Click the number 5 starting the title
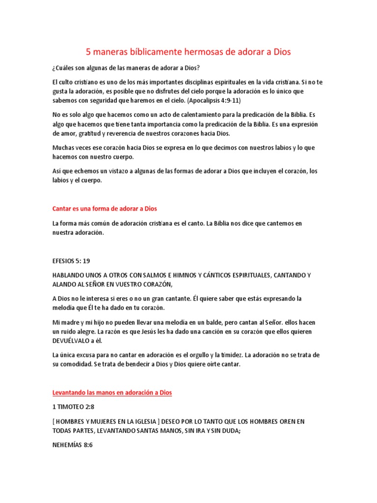click(x=89, y=51)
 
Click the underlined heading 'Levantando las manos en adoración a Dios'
click(x=112, y=393)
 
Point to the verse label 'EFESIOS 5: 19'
click(x=71, y=261)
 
